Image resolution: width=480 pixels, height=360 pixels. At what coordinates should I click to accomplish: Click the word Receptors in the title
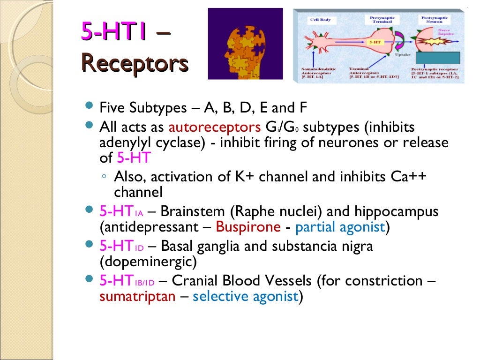pyautogui.click(x=135, y=63)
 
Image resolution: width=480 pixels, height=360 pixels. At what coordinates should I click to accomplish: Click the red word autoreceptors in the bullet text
pyautogui.click(x=214, y=127)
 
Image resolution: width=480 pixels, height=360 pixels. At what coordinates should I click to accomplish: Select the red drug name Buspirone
pyautogui.click(x=247, y=227)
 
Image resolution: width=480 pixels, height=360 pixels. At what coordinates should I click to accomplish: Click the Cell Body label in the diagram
pyautogui.click(x=321, y=20)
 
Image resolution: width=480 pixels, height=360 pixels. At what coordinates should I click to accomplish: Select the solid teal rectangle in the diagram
pyautogui.click(x=439, y=57)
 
